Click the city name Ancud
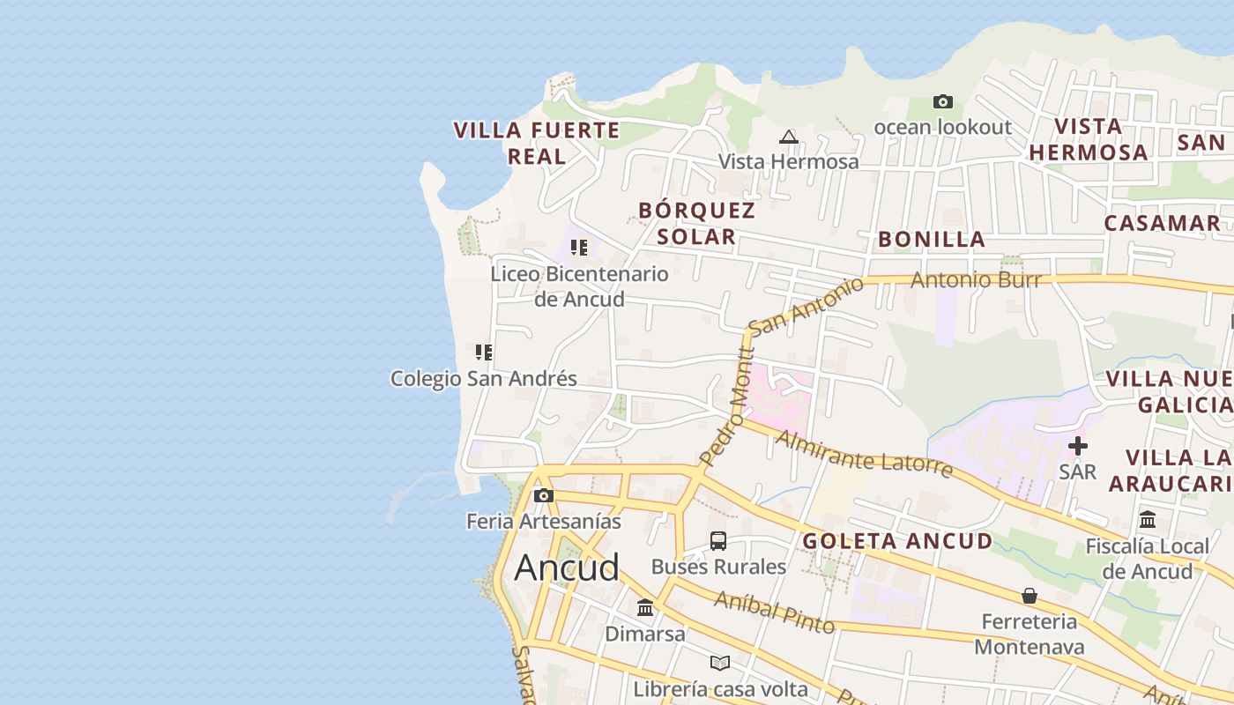click(567, 568)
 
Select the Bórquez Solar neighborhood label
click(696, 223)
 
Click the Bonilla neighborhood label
click(932, 239)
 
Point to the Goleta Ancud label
click(897, 541)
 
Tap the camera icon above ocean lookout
click(943, 102)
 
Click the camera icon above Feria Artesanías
click(544, 496)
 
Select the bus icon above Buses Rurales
click(718, 541)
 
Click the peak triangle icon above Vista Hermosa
click(789, 137)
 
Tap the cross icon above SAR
click(1078, 446)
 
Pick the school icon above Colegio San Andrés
click(483, 352)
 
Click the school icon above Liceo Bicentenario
click(579, 248)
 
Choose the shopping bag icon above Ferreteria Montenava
click(1029, 597)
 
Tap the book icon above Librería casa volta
click(720, 663)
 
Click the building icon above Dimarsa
click(645, 608)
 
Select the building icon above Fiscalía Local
click(1148, 520)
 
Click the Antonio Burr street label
click(976, 280)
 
